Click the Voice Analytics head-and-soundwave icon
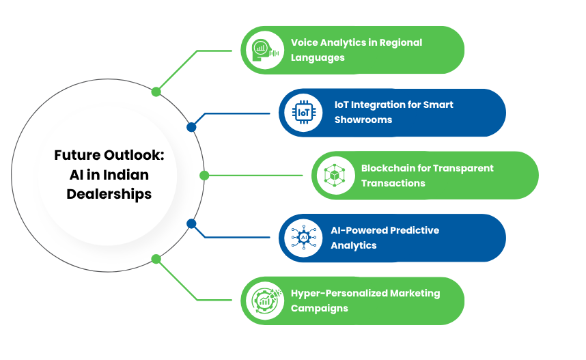[x=262, y=50]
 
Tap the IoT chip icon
[x=301, y=112]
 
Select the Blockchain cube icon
[x=334, y=175]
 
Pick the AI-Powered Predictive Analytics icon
[x=301, y=238]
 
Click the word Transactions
[x=393, y=182]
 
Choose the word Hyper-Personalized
[x=339, y=293]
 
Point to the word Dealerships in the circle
[x=109, y=194]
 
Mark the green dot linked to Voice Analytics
[x=156, y=92]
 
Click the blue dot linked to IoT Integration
[x=191, y=127]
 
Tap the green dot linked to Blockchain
[x=204, y=176]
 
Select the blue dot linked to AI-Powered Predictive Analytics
[x=191, y=223]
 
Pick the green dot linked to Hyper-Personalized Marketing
[x=156, y=259]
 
